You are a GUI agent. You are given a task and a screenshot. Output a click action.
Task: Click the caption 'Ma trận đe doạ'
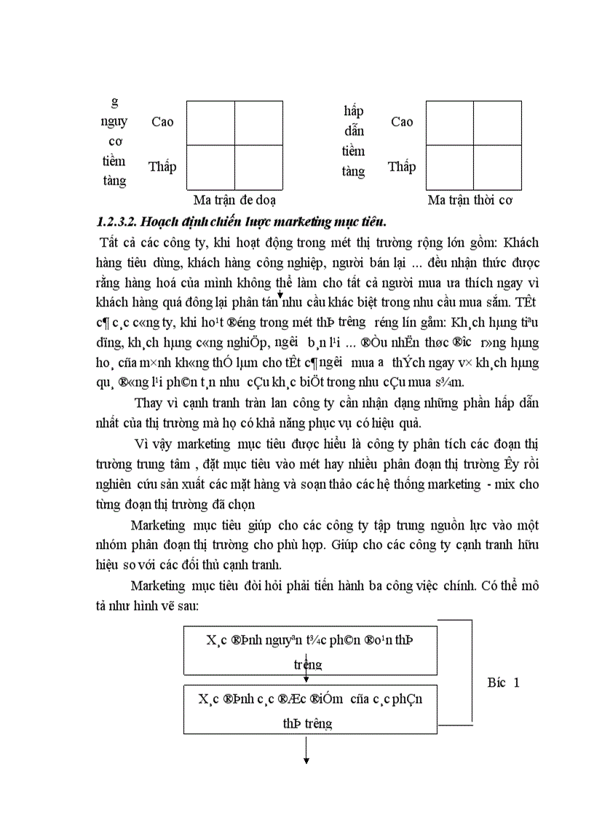click(234, 200)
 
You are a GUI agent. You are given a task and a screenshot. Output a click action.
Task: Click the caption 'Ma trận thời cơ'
click(474, 200)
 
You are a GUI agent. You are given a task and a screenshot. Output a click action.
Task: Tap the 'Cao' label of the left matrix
click(162, 122)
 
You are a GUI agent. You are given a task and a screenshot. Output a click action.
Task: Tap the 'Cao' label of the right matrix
click(402, 122)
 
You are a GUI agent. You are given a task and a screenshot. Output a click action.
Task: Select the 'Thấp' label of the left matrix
click(162, 167)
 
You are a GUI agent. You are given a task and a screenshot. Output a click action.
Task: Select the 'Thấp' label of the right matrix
click(402, 167)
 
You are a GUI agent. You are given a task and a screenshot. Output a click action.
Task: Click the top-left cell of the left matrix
click(210, 122)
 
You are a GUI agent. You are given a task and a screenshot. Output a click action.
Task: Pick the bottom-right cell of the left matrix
click(258, 167)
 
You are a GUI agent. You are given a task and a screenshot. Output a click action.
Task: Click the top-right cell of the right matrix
click(497, 122)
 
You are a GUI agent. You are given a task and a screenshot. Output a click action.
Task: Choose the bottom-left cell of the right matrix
click(450, 167)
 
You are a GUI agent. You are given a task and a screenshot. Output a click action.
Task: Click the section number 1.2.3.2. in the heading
click(120, 221)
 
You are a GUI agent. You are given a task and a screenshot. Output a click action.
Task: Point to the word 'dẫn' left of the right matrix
click(354, 131)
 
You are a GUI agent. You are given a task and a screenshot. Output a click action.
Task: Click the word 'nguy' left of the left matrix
click(114, 121)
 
